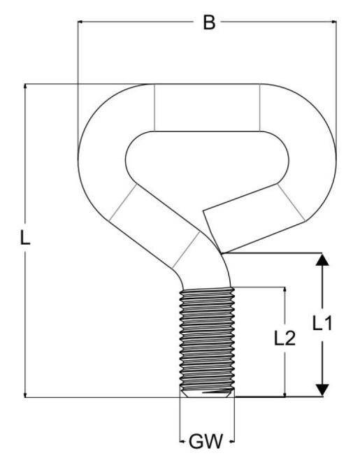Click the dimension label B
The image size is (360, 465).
point(209,22)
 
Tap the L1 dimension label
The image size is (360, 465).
point(322,323)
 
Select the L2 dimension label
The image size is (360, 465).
point(285,338)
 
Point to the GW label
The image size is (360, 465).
point(206,441)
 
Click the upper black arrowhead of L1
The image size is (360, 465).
point(322,259)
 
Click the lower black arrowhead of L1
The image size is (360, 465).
point(322,389)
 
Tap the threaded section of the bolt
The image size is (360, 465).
point(207,340)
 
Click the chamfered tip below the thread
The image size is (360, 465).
point(207,394)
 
